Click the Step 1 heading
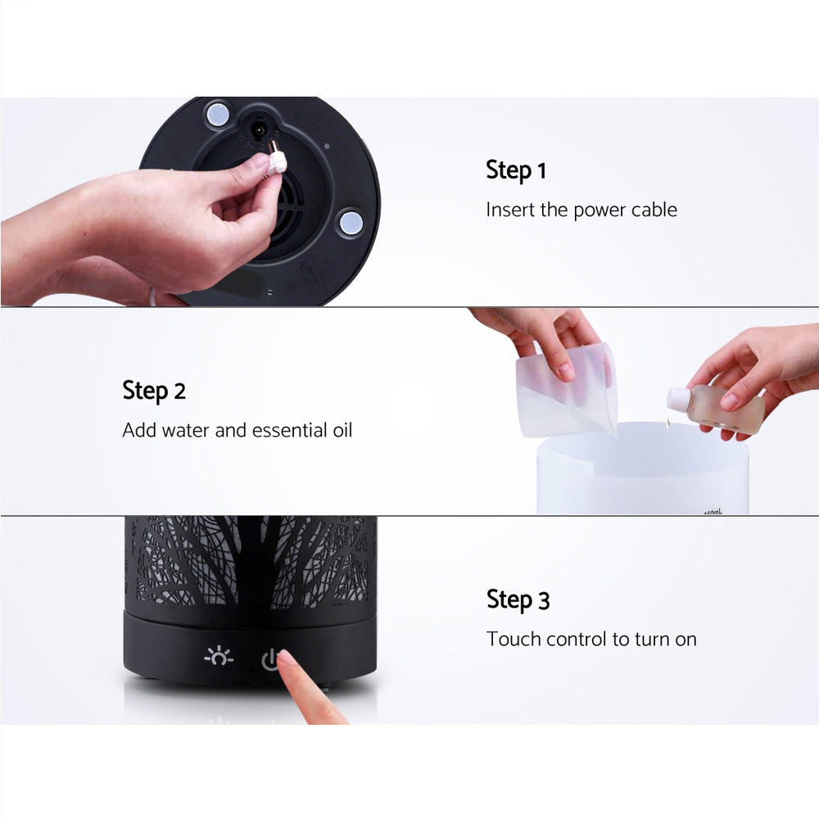(x=515, y=170)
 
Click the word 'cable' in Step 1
(x=654, y=210)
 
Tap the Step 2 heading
(x=154, y=391)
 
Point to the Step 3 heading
(x=518, y=600)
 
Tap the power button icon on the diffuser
(x=270, y=658)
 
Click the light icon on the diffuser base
(x=219, y=657)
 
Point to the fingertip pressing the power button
(x=287, y=659)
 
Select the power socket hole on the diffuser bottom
(x=260, y=129)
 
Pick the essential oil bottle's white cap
(x=676, y=399)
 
